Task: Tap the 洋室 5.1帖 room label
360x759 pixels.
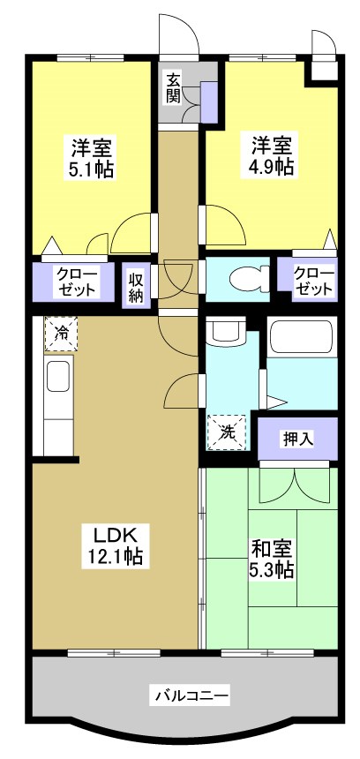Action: click(x=90, y=157)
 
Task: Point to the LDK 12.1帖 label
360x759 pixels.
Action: click(x=114, y=545)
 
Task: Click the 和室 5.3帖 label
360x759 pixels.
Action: click(x=272, y=558)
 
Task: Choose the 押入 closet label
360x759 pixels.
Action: click(x=297, y=437)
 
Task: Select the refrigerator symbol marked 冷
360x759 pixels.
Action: click(x=62, y=333)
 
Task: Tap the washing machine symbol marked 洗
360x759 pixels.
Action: click(x=227, y=433)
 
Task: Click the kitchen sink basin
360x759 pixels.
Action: click(x=59, y=377)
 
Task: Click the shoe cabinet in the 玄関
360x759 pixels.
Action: click(x=209, y=102)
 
